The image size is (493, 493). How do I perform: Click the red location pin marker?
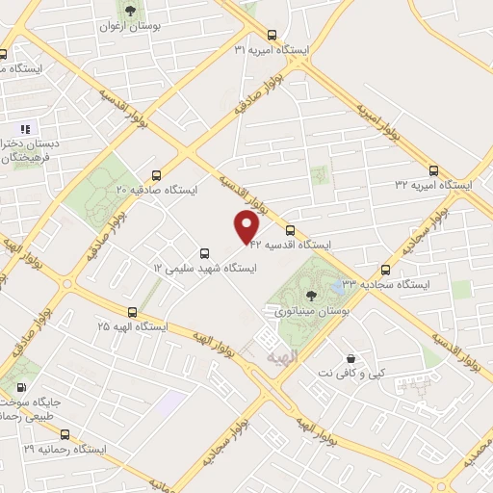(x=247, y=226)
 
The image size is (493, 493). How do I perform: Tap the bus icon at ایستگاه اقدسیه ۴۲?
(x=290, y=229)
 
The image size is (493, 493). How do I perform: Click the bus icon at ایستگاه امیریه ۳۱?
(x=271, y=32)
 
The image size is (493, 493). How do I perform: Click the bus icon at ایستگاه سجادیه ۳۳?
(x=386, y=270)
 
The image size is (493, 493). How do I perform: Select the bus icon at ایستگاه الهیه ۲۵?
(x=132, y=311)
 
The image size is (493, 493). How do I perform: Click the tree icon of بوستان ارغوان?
(x=129, y=11)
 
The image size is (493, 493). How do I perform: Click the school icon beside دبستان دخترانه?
(x=25, y=128)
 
